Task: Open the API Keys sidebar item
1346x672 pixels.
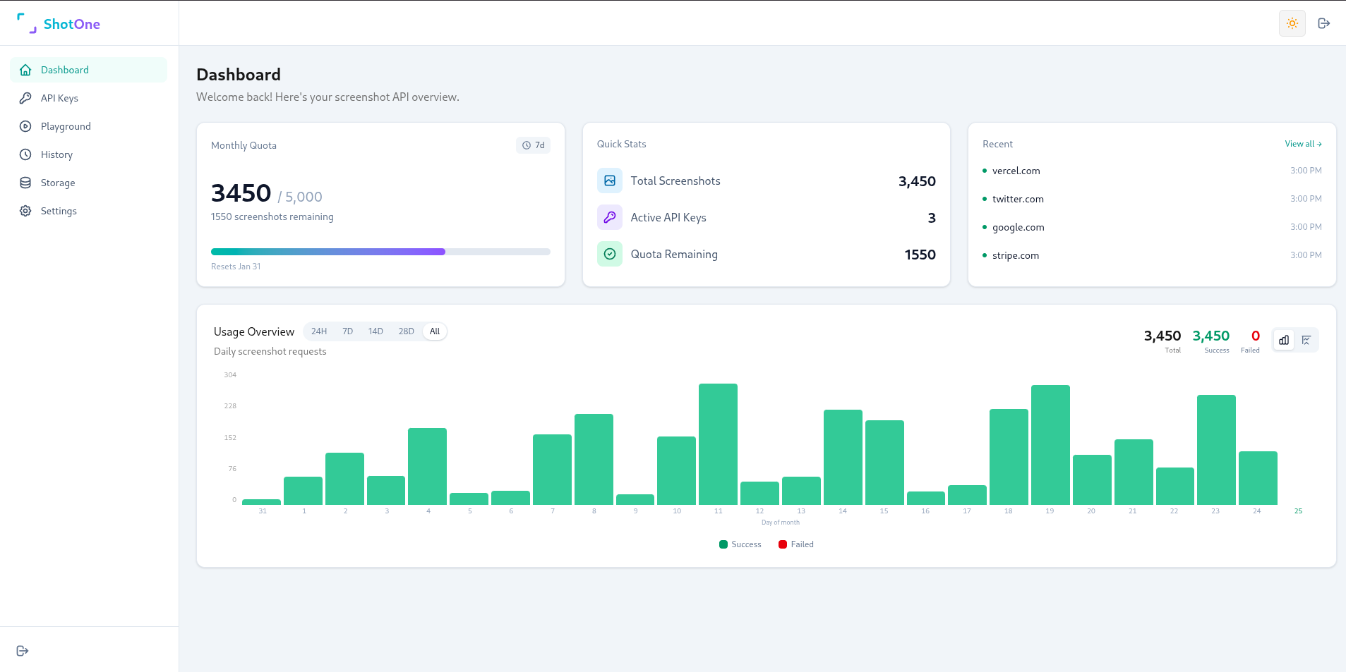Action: (59, 98)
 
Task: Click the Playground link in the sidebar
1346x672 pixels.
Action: (66, 126)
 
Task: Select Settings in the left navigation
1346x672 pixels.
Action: (59, 211)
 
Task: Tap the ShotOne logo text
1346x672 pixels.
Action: (71, 24)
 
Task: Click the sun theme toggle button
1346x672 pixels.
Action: (1292, 23)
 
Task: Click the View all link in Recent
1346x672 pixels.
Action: (1302, 144)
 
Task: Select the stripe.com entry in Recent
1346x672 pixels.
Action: (1015, 255)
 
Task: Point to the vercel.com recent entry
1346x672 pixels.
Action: (1016, 171)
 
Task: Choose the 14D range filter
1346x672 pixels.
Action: (375, 331)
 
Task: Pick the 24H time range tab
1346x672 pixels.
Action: (319, 331)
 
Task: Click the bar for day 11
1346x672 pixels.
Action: (718, 444)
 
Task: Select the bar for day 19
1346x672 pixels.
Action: (1050, 444)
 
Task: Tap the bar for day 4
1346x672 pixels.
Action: (427, 466)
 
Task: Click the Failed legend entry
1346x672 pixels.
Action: (796, 544)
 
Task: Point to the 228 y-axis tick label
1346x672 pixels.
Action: (230, 406)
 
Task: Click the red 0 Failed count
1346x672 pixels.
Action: (1255, 336)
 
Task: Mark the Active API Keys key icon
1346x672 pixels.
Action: (610, 217)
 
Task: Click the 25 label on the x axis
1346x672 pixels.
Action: (1297, 511)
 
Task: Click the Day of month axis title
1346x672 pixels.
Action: (780, 523)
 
